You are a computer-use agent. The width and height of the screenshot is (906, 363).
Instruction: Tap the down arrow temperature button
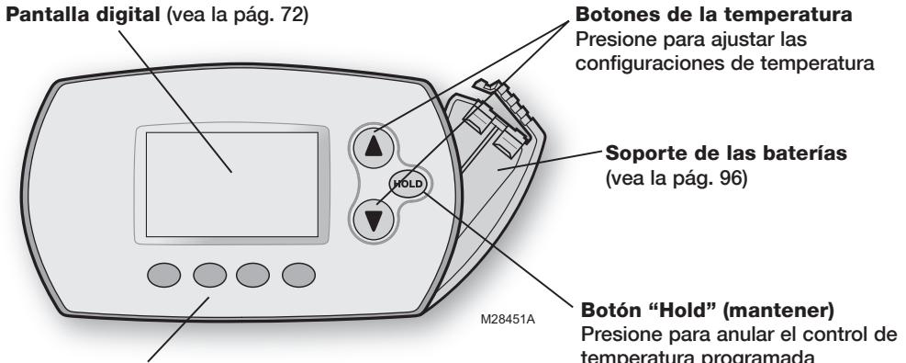pos(374,220)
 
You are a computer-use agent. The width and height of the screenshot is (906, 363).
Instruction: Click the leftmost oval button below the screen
pos(164,276)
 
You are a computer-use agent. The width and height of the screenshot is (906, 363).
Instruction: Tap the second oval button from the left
pos(209,276)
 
